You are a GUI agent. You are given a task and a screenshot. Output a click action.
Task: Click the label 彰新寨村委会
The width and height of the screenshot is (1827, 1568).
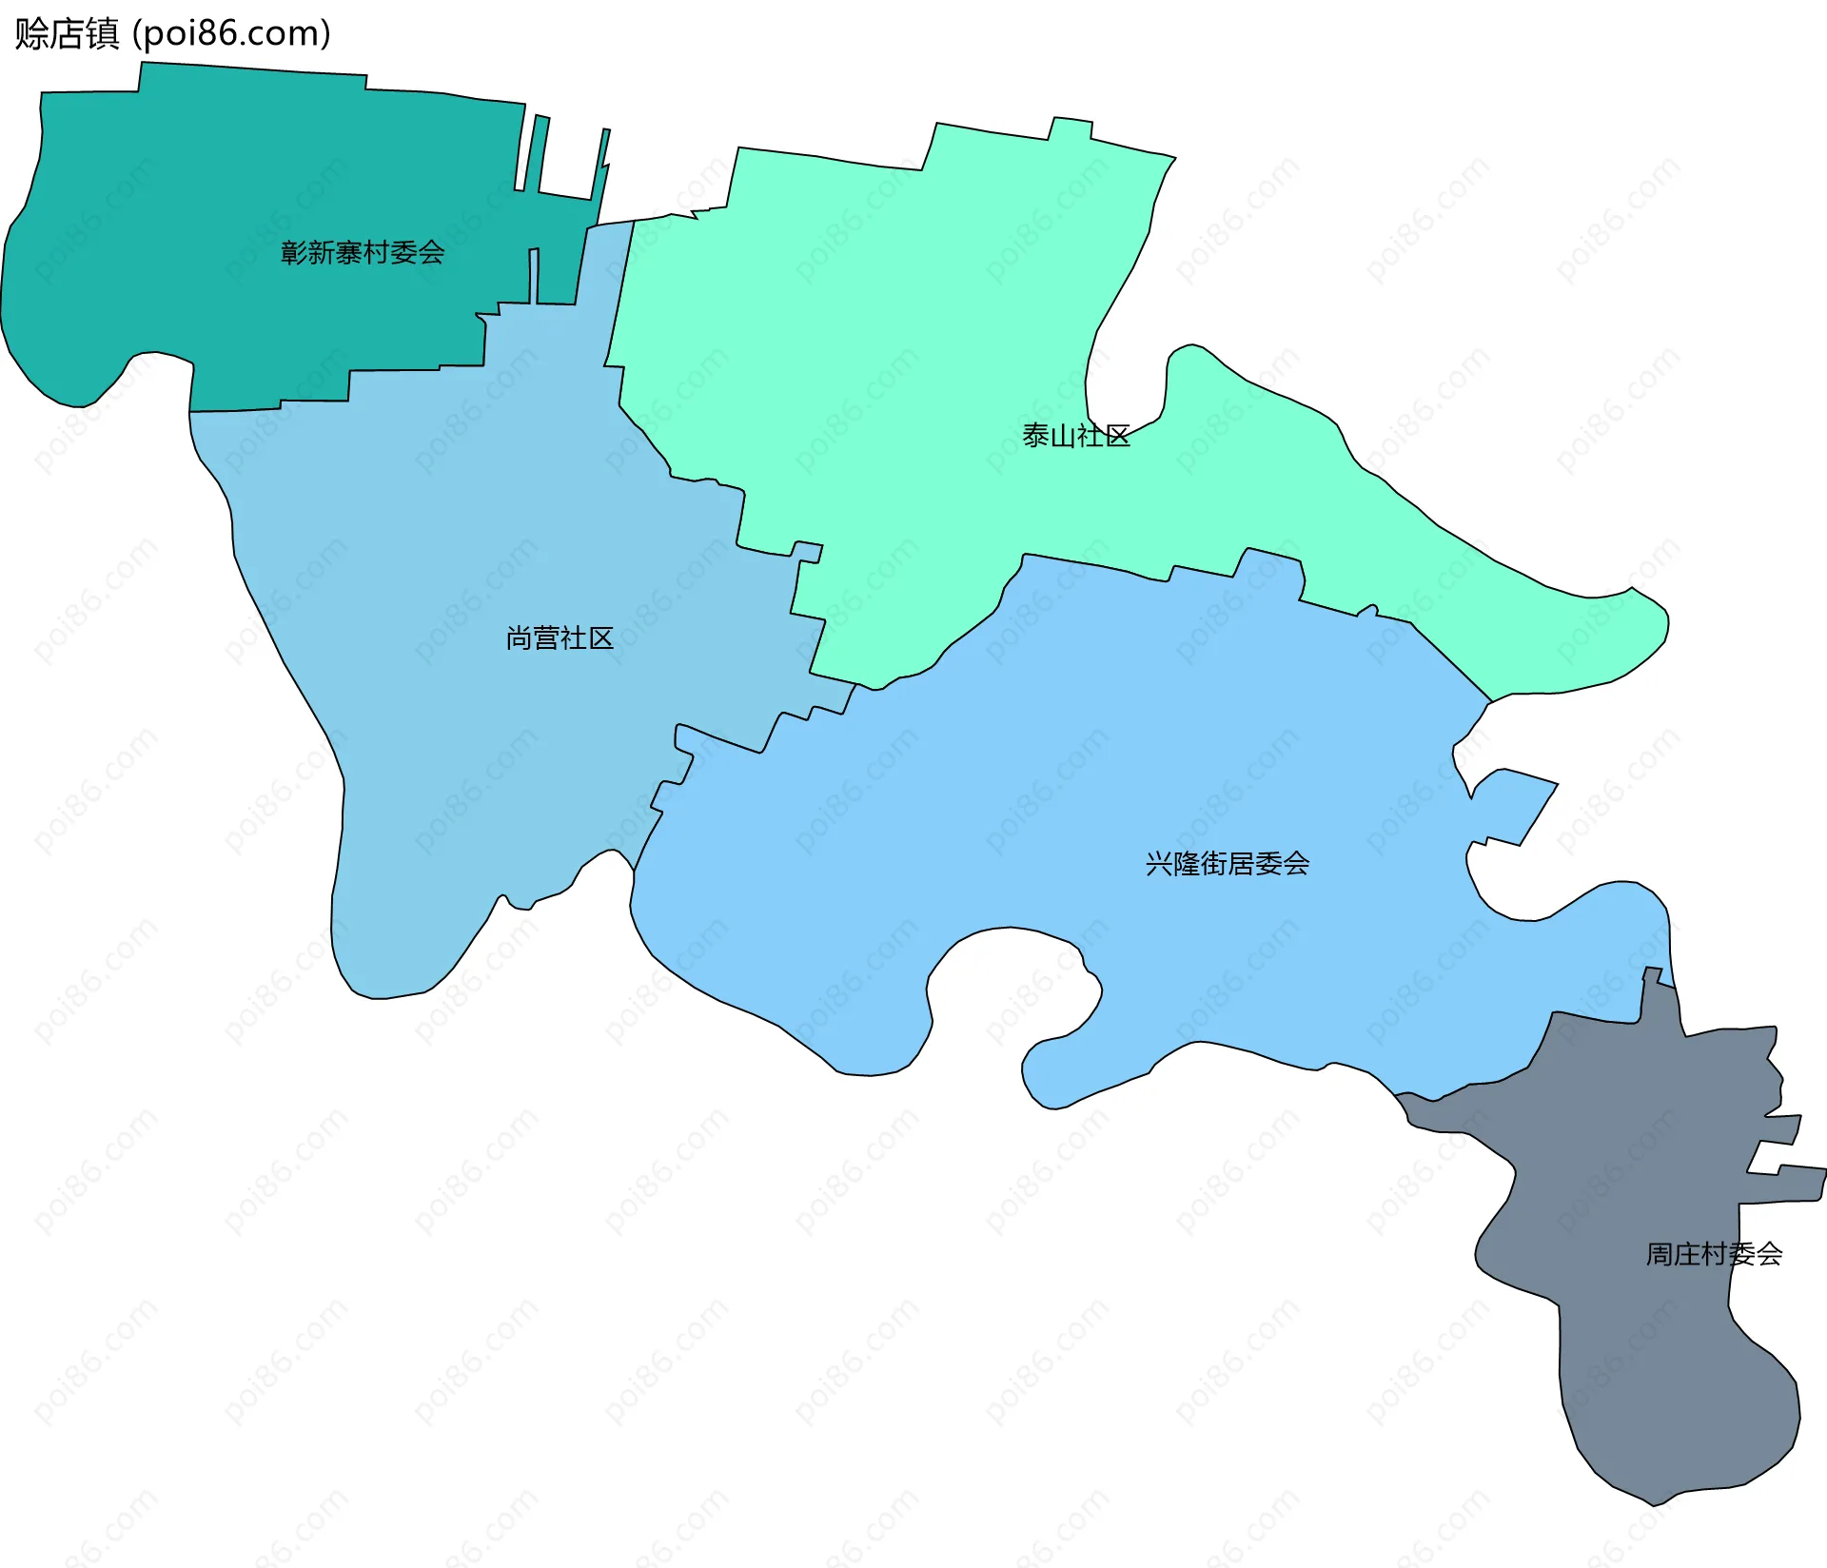tap(363, 252)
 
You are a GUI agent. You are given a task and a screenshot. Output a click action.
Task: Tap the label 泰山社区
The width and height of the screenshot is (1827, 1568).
tap(1076, 436)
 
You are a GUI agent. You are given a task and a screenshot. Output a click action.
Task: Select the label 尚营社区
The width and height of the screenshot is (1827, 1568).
tap(560, 637)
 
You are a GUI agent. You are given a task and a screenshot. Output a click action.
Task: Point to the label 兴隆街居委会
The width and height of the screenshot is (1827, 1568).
tap(1228, 863)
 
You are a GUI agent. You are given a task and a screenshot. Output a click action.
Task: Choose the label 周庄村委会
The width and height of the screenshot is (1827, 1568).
tap(1714, 1254)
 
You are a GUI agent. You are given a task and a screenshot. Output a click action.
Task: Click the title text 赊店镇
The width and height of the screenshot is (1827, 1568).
tap(67, 33)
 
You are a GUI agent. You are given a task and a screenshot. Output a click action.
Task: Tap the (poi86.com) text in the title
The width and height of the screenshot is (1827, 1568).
tap(231, 33)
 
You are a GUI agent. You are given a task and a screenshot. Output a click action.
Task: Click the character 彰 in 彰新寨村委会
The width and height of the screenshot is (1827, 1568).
tap(294, 252)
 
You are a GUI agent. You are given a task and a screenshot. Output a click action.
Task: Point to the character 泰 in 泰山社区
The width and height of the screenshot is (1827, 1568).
tap(1036, 436)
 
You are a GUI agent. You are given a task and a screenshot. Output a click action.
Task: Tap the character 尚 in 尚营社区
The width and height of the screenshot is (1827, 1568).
tap(520, 637)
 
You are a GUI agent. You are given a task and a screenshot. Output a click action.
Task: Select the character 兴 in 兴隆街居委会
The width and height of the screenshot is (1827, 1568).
tap(1159, 863)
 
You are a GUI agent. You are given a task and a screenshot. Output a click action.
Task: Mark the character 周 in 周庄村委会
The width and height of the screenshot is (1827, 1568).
tap(1660, 1254)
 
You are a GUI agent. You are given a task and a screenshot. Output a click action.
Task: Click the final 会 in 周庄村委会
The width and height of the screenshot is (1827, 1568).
tap(1769, 1254)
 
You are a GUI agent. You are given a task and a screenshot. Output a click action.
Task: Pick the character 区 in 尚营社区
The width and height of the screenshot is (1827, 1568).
tap(600, 637)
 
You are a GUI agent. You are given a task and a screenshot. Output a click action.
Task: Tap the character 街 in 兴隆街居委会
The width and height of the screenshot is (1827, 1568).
tap(1213, 863)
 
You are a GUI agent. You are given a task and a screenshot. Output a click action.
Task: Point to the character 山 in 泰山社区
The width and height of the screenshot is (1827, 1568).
tap(1063, 436)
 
